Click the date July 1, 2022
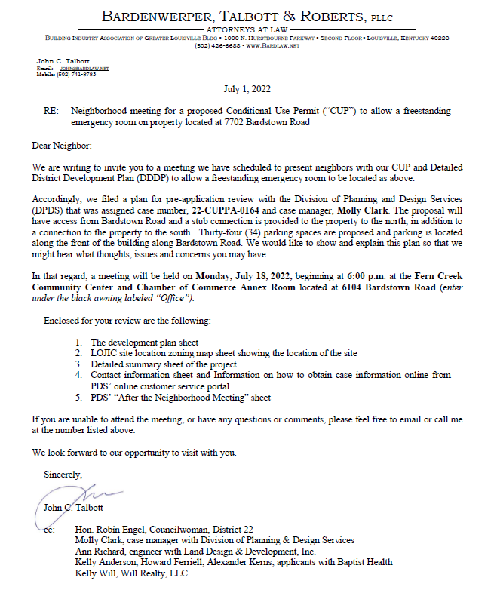coord(247,89)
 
